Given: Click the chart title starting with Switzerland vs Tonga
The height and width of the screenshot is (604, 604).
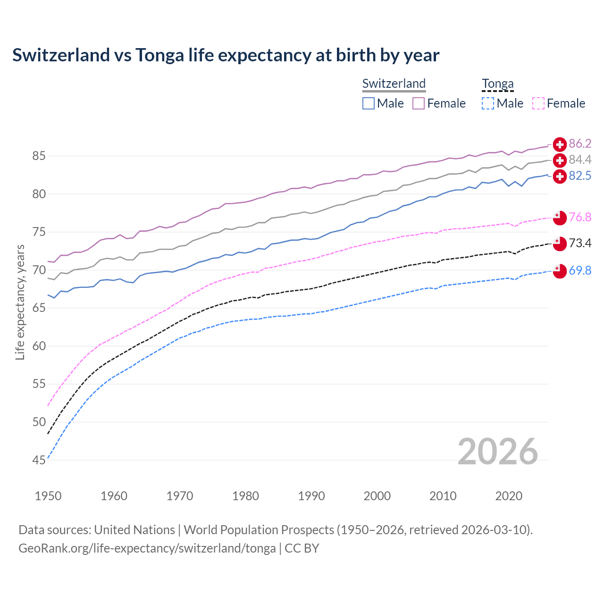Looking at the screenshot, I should coord(226,55).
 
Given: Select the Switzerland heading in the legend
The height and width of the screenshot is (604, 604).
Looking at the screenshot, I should coord(394,84).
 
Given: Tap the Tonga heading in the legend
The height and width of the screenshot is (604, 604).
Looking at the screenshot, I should coord(497,84).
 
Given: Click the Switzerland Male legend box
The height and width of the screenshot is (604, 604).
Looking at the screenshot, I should coord(369,103).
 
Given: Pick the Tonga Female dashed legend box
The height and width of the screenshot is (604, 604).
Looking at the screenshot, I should coord(538,103).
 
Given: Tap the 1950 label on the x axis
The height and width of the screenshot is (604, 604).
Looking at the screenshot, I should coord(48,496).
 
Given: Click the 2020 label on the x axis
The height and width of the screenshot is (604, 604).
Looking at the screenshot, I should coord(509,496).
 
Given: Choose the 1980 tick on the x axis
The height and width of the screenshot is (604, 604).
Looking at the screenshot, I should coord(245,496).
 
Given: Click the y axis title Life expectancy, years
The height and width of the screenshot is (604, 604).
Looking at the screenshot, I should coord(20,302).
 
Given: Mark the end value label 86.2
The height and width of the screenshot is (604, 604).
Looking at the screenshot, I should coord(580,144).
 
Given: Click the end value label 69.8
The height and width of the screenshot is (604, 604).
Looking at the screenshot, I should coord(580,270).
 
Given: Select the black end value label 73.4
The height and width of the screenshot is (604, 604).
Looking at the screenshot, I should coord(580,243).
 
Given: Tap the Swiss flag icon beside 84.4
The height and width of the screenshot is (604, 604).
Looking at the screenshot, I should coord(560,160).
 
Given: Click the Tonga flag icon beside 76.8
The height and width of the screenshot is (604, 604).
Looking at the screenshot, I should coord(560,217).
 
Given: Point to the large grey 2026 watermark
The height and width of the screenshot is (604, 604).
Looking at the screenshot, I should coord(497,452).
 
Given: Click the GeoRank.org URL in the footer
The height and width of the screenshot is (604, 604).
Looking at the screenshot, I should coord(147,548).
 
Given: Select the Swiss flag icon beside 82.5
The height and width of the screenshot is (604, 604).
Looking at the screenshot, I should coord(560,176).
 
